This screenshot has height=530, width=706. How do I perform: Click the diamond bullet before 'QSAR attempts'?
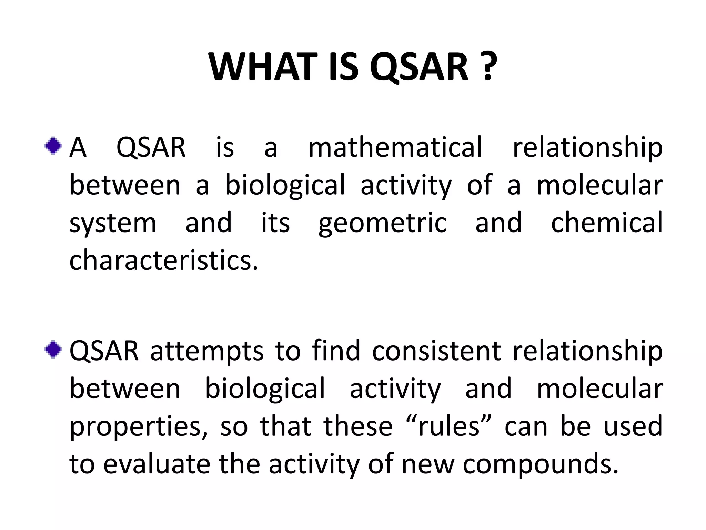click(x=53, y=350)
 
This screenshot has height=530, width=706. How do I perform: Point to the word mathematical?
click(x=395, y=148)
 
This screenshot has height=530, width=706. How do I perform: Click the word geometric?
click(x=383, y=224)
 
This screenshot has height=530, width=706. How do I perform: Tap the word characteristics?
click(x=163, y=261)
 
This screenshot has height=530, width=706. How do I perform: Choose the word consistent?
click(x=436, y=351)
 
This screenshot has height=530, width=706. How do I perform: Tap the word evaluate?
click(x=157, y=464)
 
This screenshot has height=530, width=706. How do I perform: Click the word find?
click(x=336, y=351)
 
